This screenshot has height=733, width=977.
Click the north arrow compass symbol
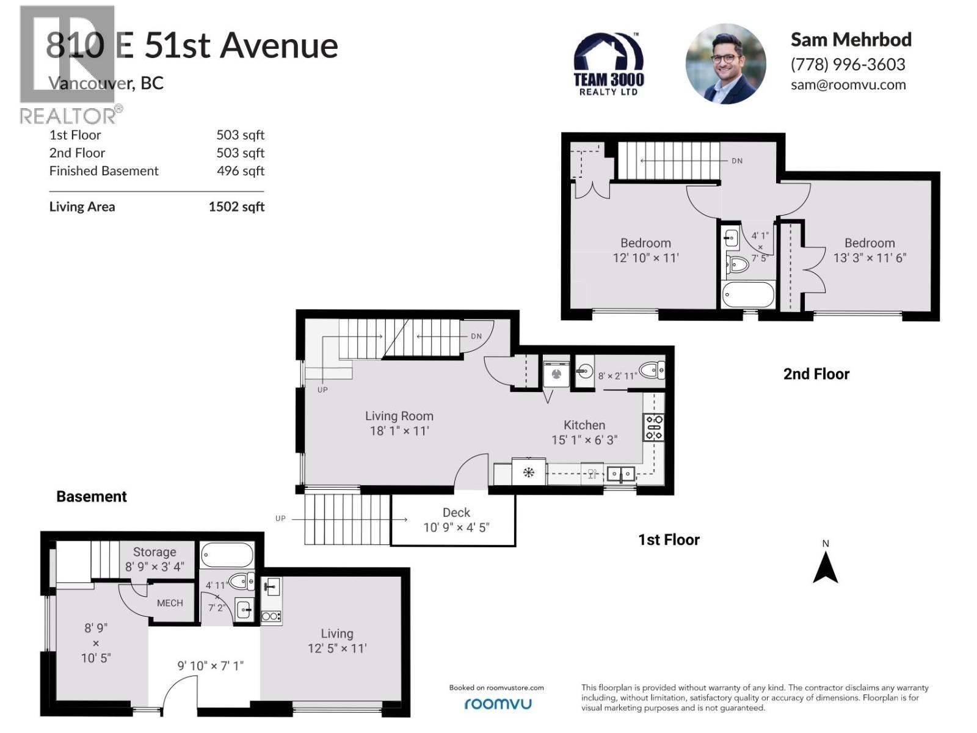click(x=825, y=567)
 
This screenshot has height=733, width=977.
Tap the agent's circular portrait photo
click(x=725, y=64)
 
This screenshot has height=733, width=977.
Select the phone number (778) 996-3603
click(x=848, y=64)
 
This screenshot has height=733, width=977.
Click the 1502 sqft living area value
click(x=236, y=206)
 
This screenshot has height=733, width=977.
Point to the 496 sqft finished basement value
click(x=241, y=171)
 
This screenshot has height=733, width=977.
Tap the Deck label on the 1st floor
click(x=456, y=512)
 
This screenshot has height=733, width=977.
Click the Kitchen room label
click(x=584, y=425)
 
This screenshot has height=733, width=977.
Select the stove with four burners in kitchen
click(x=654, y=427)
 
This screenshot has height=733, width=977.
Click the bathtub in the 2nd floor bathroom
click(x=748, y=295)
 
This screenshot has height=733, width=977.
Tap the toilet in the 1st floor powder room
click(x=652, y=370)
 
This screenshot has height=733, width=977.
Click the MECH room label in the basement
click(x=170, y=603)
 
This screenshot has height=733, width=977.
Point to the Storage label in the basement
click(x=154, y=552)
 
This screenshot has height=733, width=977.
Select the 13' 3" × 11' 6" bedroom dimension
click(x=870, y=258)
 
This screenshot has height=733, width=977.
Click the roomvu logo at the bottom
click(x=498, y=704)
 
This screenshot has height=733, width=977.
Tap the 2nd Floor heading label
click(x=816, y=374)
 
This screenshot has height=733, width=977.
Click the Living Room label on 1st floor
click(x=399, y=416)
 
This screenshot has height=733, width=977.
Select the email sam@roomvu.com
click(x=848, y=85)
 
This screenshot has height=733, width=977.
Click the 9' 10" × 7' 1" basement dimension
click(x=210, y=665)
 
